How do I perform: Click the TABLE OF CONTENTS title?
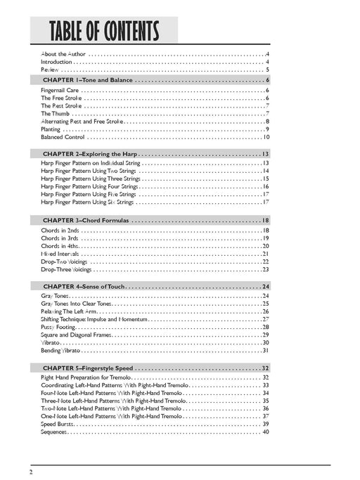pos(104,32)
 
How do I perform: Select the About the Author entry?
pos(63,54)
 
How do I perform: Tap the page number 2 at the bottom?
pos(32,470)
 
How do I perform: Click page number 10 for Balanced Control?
pos(266,137)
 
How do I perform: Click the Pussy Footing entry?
pos(57,327)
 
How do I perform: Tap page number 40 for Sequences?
pos(266,432)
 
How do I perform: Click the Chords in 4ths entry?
pos(59,246)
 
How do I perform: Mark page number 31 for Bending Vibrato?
pos(266,351)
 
